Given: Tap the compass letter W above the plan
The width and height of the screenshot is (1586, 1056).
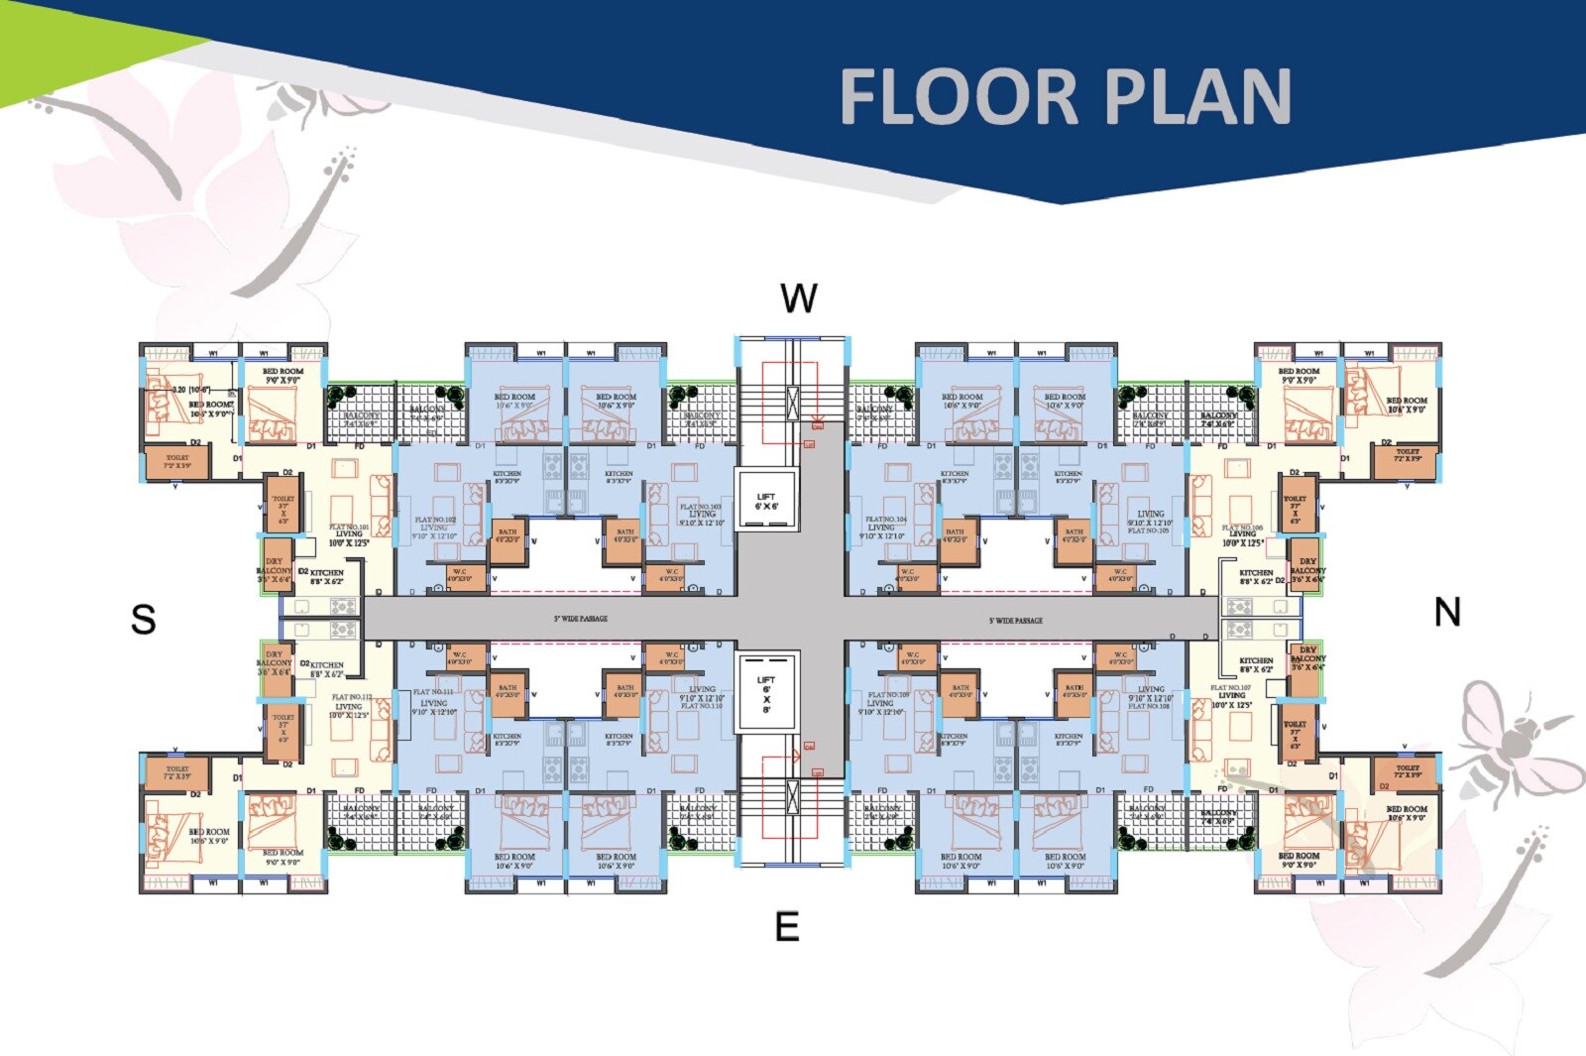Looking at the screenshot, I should tap(799, 298).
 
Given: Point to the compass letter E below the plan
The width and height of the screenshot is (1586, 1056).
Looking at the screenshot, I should tap(787, 927).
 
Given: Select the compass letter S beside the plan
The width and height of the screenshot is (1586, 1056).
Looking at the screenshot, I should tap(144, 619).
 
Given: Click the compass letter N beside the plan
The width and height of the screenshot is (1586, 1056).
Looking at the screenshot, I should tap(1447, 613).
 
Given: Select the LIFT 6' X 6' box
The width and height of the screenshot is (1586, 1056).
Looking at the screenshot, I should tap(766, 502).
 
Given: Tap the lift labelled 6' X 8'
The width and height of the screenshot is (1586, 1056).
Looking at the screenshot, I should tap(766, 693).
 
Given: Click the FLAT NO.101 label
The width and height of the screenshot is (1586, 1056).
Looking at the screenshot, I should tap(349, 528).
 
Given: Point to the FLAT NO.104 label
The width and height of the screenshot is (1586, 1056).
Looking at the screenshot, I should tap(885, 520).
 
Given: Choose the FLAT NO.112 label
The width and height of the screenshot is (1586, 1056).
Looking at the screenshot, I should tap(349, 697).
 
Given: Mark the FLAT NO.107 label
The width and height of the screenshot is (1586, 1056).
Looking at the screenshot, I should tap(1230, 687).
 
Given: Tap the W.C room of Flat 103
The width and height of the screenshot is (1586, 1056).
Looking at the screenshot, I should tap(671, 576).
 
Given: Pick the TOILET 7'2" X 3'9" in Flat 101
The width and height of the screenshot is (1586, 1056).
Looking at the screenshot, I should tap(176, 461).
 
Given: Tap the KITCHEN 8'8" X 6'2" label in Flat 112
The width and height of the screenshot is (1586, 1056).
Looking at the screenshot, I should tap(326, 668).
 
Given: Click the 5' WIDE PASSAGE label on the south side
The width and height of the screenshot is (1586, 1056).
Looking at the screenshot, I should tap(580, 619).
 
